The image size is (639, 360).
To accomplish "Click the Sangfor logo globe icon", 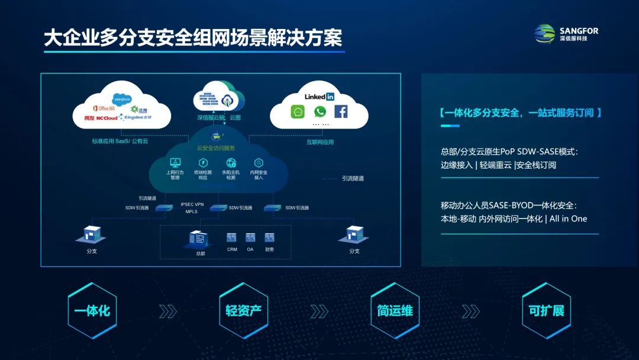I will coord(545,34).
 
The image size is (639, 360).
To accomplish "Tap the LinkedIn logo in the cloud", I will coord(319,96).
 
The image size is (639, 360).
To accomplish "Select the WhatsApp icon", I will coord(320,111).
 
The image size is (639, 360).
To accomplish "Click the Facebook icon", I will coord(341,111).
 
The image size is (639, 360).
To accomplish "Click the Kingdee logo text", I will coord(138,118).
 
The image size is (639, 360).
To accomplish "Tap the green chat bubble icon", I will coord(298,111).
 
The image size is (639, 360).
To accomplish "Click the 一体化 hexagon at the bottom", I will coord(92,311).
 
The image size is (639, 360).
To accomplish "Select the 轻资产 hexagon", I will coord(243,311).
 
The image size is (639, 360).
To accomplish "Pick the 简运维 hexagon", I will coord(395,311).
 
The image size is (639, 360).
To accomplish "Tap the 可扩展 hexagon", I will coord(546,311).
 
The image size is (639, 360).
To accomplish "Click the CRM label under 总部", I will coord(232,250).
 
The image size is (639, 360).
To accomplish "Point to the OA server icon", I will coord(250,237).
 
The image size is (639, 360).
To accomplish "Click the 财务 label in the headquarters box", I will coord(269,250).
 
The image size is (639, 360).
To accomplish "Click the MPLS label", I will coord(191,211).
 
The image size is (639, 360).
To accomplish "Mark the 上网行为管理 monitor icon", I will coord(175,162).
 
